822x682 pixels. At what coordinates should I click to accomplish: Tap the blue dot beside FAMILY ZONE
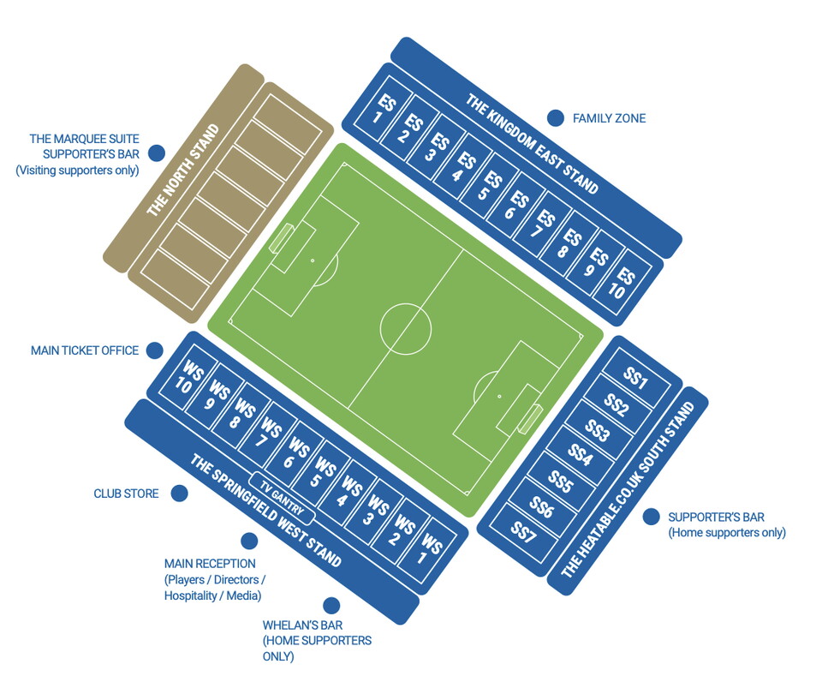click(x=556, y=118)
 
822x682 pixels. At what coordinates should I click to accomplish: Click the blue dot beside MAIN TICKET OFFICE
click(x=154, y=350)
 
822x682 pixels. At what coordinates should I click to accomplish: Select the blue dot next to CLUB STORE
click(x=178, y=494)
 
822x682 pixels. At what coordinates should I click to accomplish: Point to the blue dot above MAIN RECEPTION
click(x=248, y=541)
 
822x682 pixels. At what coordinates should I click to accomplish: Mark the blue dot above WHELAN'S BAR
click(x=331, y=605)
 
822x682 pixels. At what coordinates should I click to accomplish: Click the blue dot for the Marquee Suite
click(x=156, y=153)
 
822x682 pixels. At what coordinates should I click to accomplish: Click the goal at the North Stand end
click(x=282, y=237)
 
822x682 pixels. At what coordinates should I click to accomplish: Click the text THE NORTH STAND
click(x=182, y=170)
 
